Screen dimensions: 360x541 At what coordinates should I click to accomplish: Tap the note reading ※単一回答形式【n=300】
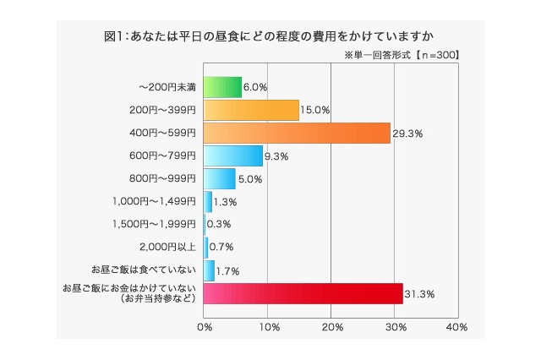click(x=402, y=55)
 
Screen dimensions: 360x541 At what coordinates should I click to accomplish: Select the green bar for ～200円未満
click(x=222, y=87)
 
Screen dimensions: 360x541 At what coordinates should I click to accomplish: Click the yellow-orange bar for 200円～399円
click(x=251, y=110)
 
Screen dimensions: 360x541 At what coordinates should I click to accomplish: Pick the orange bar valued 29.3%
click(x=297, y=133)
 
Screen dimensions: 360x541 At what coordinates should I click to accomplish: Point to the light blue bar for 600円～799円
click(x=233, y=155)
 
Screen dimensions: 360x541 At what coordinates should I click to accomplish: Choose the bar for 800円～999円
click(x=220, y=178)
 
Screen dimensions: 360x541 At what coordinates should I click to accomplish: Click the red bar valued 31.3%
click(x=303, y=293)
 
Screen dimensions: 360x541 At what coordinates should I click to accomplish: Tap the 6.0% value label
click(x=255, y=87)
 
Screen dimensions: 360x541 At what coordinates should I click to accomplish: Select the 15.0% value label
click(x=315, y=110)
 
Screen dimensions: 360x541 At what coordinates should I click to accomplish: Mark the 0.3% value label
click(x=219, y=225)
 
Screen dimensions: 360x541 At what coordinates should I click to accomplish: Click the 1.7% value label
click(x=227, y=270)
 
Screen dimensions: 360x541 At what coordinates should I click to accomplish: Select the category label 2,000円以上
click(x=167, y=248)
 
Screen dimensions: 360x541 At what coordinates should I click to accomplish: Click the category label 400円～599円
click(x=162, y=133)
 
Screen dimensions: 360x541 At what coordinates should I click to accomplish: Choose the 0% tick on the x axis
click(x=205, y=326)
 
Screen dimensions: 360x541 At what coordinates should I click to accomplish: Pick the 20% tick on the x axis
click(x=331, y=326)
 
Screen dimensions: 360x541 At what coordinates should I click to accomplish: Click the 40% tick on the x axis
click(x=456, y=326)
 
